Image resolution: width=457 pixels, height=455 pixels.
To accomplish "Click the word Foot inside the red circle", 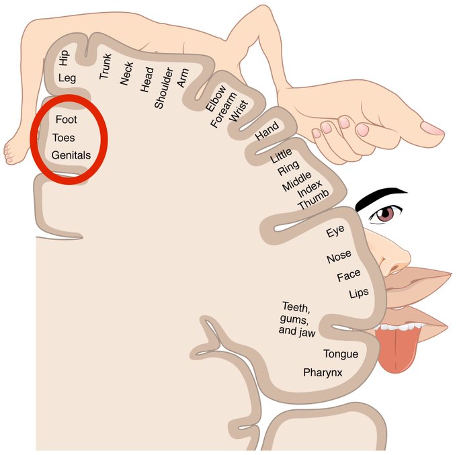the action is [x=67, y=120].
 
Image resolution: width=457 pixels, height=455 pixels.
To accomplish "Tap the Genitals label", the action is [x=71, y=155].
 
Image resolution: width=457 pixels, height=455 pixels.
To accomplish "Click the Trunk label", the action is [x=106, y=65].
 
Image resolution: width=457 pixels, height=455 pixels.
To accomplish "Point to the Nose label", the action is [x=339, y=258].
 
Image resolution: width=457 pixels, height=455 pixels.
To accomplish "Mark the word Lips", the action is [x=359, y=294].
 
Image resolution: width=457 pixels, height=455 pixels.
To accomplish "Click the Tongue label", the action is [x=341, y=354].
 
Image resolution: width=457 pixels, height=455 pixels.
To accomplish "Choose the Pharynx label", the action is [x=324, y=371].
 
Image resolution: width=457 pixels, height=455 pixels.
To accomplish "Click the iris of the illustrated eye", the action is [x=384, y=214].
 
